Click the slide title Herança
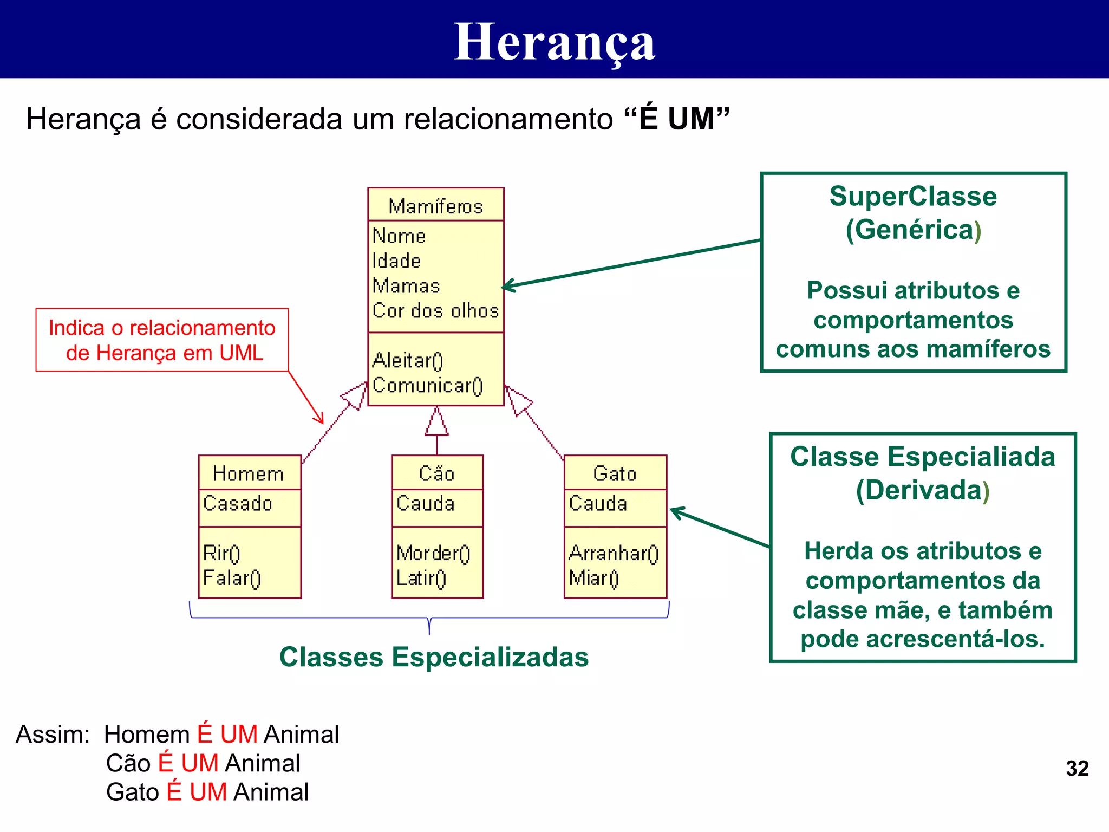554,42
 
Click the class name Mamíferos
435,206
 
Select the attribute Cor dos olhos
435,310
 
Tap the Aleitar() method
408,360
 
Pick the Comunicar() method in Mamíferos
427,385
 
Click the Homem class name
248,473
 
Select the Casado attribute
237,503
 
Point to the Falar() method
232,578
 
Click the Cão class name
436,473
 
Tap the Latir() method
421,578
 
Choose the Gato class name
615,473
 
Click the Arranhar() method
614,553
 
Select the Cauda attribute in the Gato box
598,503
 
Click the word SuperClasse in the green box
913,196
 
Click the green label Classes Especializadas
434,657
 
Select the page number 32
1077,768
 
